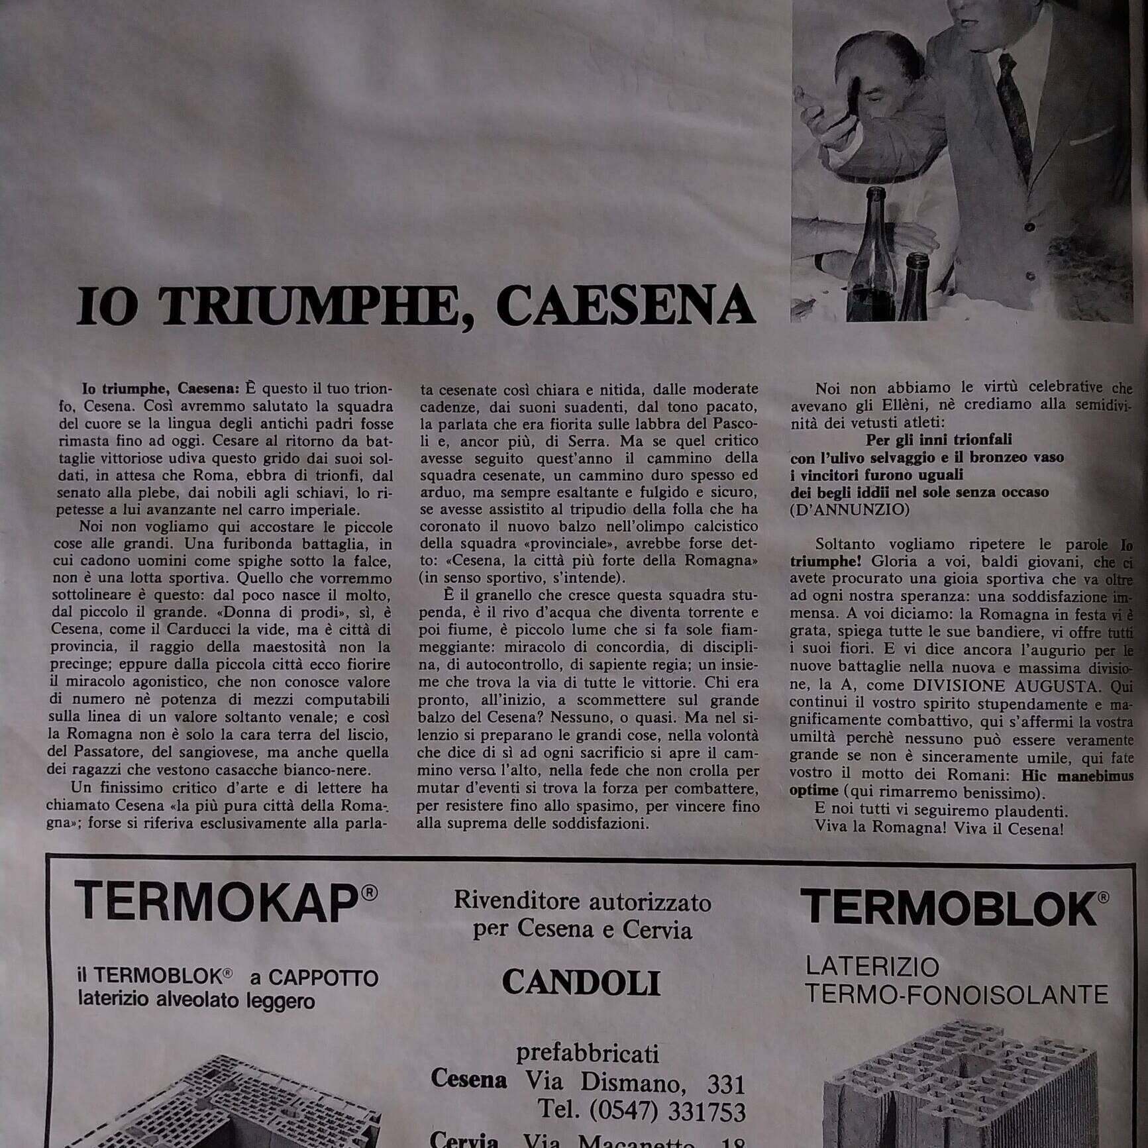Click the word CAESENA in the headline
[625, 306]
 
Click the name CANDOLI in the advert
[581, 982]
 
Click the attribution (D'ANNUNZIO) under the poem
[850, 509]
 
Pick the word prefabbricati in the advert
[587, 1053]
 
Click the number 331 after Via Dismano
[726, 1084]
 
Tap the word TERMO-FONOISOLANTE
[956, 994]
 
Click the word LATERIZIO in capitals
[872, 966]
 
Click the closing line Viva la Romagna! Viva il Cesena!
[939, 828]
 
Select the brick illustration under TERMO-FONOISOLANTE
[954, 1086]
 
